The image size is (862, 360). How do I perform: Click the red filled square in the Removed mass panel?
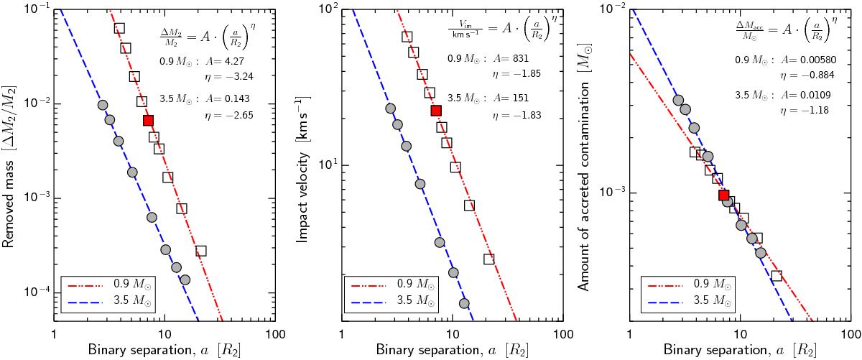pyautogui.click(x=148, y=120)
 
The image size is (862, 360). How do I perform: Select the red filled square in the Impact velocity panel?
pyautogui.click(x=435, y=111)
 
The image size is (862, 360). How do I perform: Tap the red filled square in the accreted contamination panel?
pyautogui.click(x=724, y=195)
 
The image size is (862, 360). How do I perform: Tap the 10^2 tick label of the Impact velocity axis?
pyautogui.click(x=326, y=9)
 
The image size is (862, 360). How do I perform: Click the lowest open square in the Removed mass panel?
pyautogui.click(x=201, y=251)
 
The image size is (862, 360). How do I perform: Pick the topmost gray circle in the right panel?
pyautogui.click(x=677, y=101)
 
